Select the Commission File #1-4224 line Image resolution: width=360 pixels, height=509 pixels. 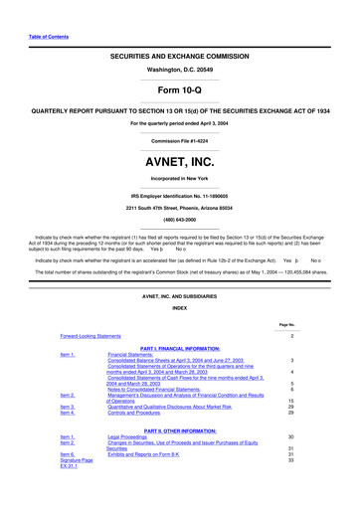tap(179, 141)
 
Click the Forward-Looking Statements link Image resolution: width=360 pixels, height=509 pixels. tap(96, 336)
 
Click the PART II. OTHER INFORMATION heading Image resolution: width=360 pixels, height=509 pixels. tap(180, 429)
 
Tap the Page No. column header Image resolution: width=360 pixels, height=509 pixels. tap(287, 324)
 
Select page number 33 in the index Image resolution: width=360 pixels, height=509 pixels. tap(288, 460)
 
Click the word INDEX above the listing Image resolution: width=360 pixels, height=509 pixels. tap(179, 307)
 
